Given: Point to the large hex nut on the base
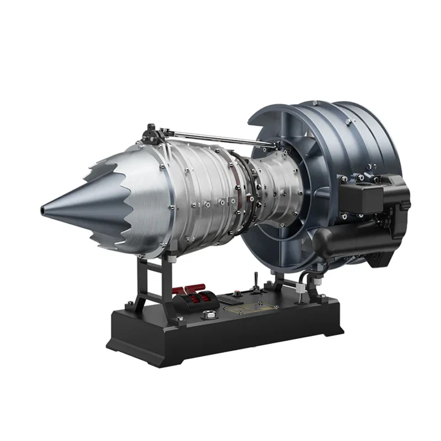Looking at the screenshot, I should (x=209, y=315).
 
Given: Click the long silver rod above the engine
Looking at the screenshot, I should (x=220, y=136).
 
